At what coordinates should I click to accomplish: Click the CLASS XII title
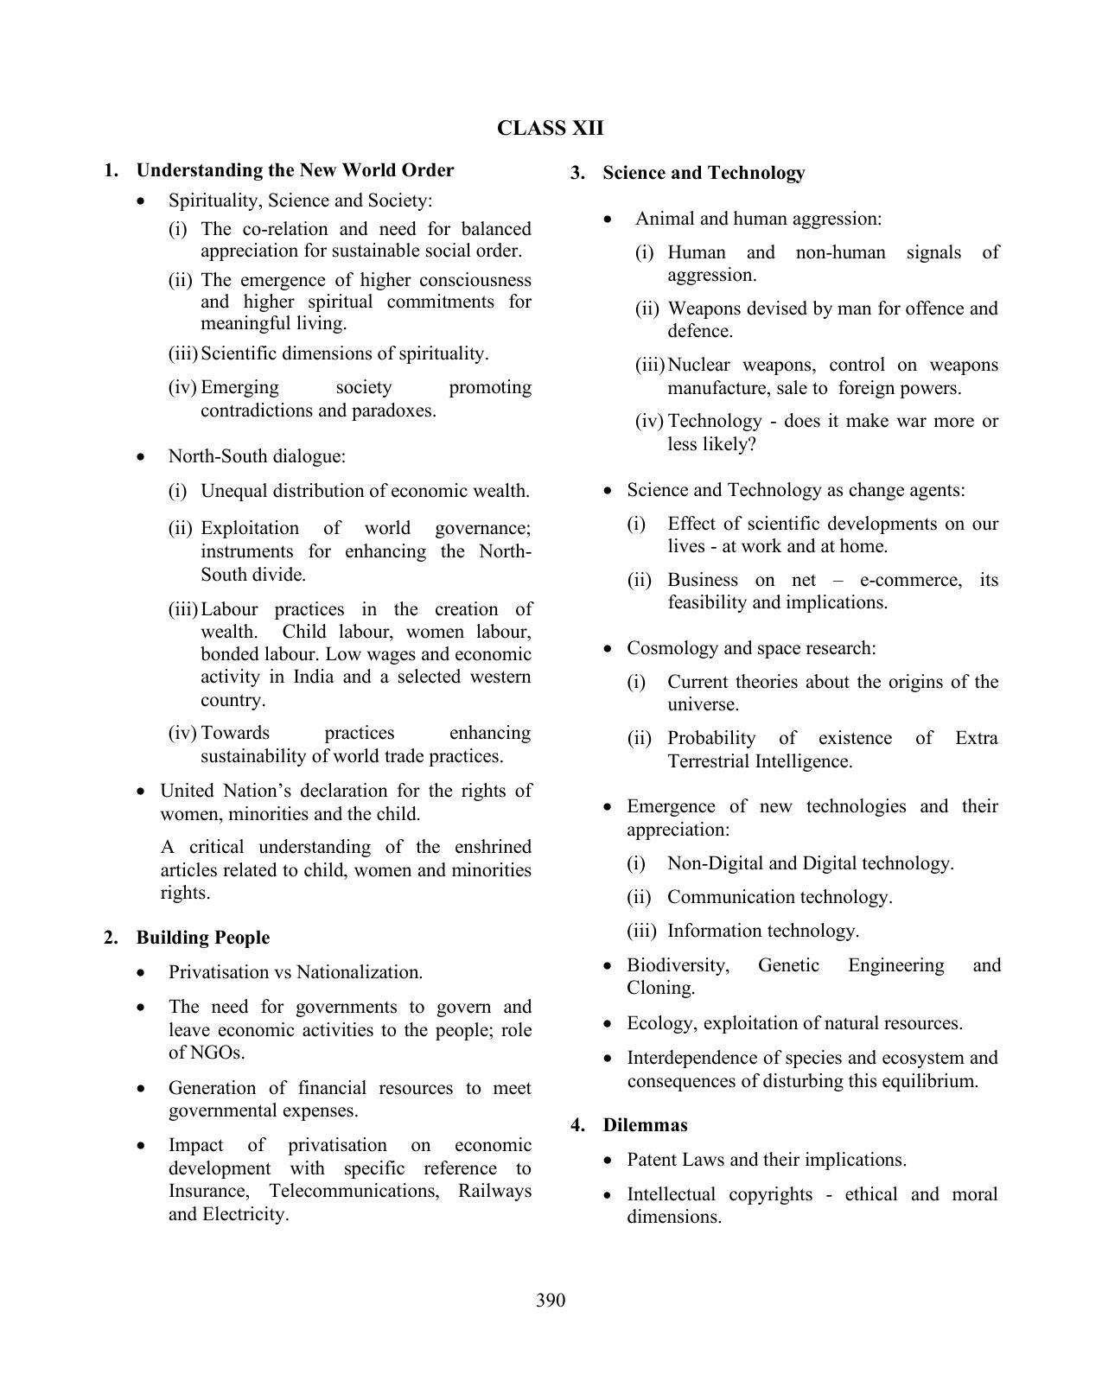pos(550,129)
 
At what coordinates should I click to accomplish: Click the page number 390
pos(550,1301)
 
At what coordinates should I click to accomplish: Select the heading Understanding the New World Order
pos(295,170)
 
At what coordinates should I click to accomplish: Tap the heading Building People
pos(202,938)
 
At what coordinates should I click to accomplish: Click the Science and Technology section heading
pos(704,173)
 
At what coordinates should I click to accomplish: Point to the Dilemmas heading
pos(645,1125)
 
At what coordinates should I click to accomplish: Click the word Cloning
pos(660,988)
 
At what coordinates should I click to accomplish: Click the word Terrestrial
pos(708,761)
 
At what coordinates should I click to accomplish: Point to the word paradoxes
pos(395,410)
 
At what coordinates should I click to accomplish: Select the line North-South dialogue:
pos(257,456)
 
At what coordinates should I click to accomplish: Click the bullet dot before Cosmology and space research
pos(609,649)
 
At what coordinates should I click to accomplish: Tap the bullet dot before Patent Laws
pos(609,1161)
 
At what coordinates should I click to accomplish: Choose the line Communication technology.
pos(779,897)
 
